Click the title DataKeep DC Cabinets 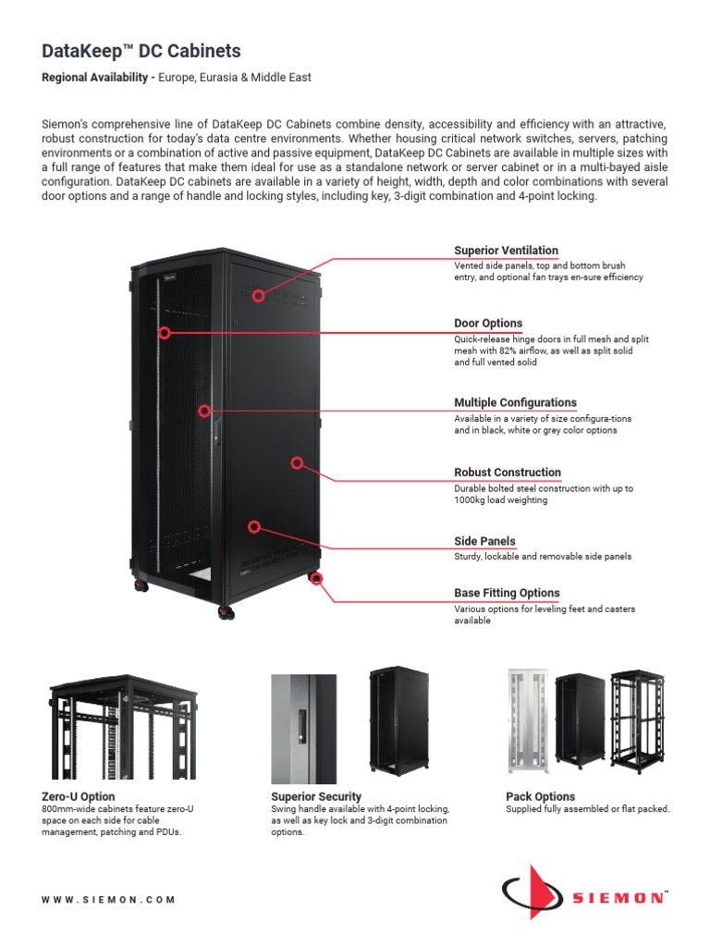pos(142,53)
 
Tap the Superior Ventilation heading pos(506,251)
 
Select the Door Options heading pos(488,324)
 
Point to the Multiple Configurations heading pos(515,402)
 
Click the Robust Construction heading pos(508,473)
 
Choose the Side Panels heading pos(484,541)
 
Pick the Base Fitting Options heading pos(507,593)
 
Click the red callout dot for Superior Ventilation pos(259,296)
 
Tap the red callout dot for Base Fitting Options pos(317,580)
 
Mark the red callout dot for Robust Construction pos(298,461)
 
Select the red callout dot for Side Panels pos(254,526)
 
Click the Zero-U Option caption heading pos(79,796)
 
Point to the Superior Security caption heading pos(316,796)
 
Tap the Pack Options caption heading pos(540,796)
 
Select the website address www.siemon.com pos(108,899)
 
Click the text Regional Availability pos(96,78)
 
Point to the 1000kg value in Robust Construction pos(473,500)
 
